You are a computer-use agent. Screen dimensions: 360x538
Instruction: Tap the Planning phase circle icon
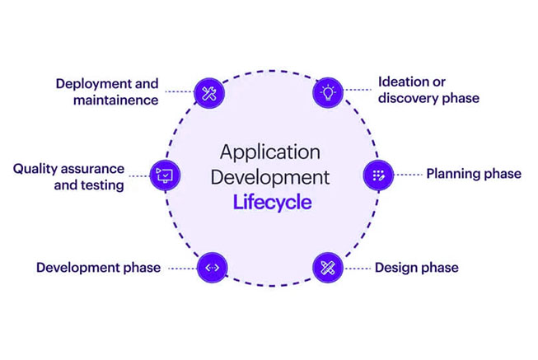[x=378, y=174]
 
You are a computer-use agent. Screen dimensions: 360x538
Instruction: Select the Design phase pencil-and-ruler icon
[x=327, y=267]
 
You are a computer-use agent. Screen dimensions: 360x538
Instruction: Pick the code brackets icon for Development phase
[x=211, y=267]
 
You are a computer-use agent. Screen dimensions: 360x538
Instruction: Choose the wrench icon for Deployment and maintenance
[x=207, y=91]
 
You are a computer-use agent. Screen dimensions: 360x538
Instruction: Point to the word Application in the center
[x=269, y=153]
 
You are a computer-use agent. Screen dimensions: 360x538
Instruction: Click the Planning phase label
[x=473, y=174]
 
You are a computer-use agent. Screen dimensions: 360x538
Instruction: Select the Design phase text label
[x=416, y=268]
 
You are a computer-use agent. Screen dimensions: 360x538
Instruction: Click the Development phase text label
[x=98, y=268]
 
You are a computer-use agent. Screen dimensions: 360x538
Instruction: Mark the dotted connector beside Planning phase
[x=409, y=174]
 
